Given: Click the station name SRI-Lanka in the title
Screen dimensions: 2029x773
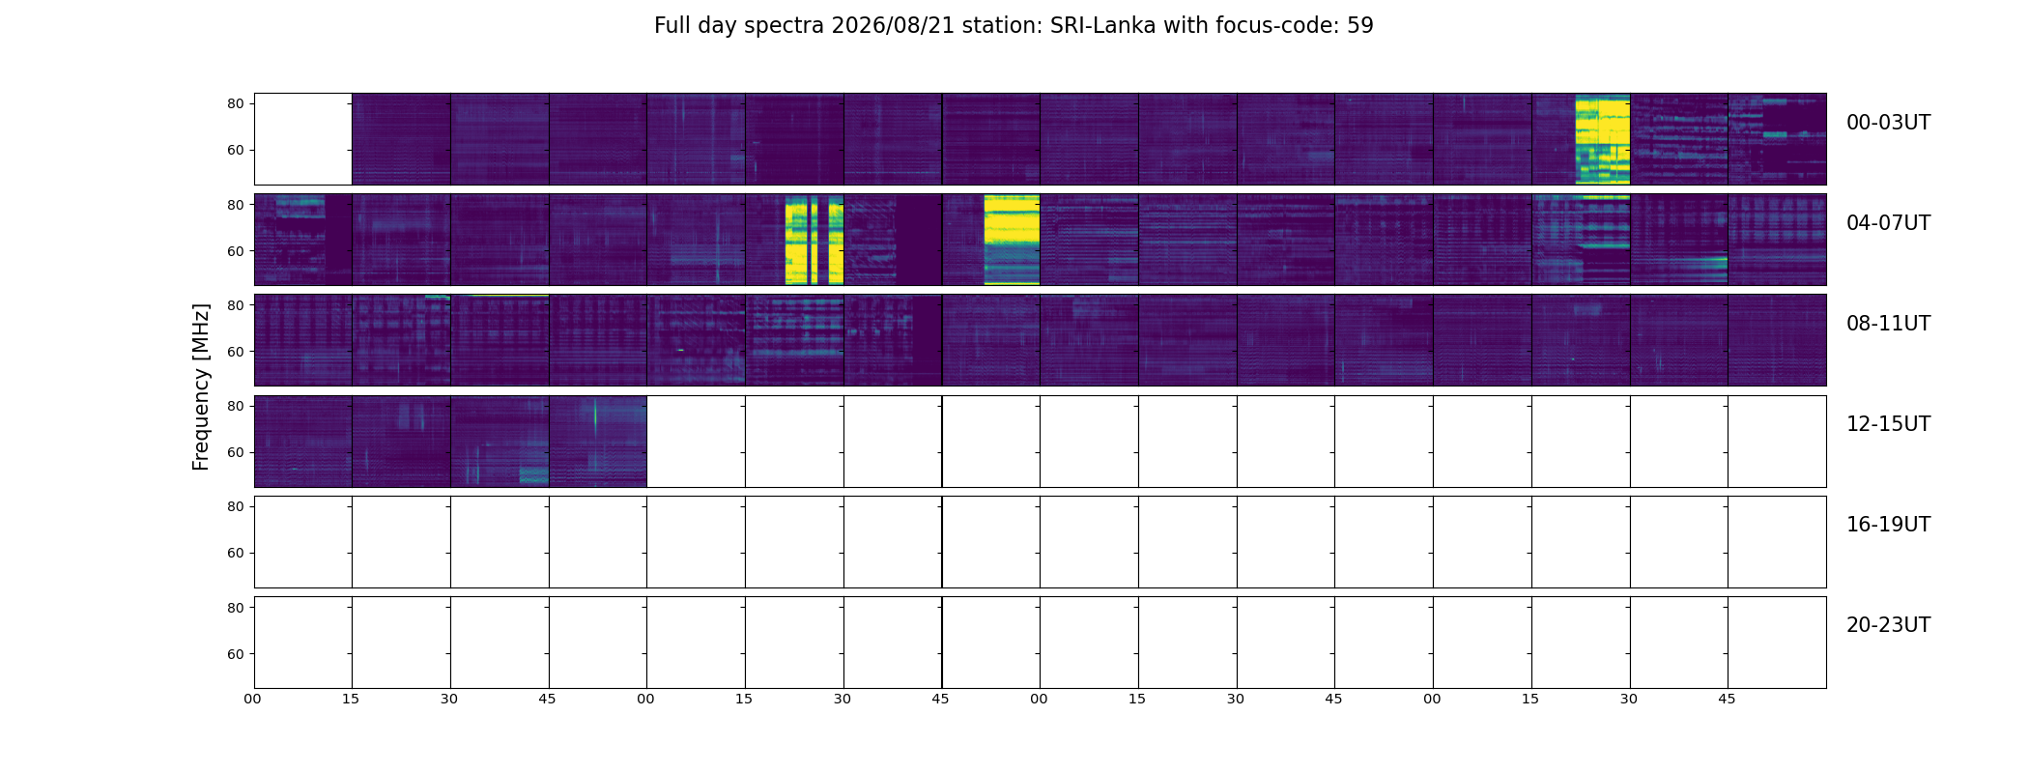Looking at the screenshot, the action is click(x=1102, y=26).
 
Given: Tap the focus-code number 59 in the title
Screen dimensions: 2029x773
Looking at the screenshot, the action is click(x=1360, y=26).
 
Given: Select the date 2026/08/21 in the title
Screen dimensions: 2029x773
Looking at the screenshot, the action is click(x=893, y=26).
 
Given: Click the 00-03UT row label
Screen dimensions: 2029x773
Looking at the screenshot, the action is click(x=1888, y=123).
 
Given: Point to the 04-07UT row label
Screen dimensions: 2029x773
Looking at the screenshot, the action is click(x=1888, y=223).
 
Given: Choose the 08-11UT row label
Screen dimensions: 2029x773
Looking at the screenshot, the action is click(x=1888, y=324).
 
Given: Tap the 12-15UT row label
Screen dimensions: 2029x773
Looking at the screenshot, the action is click(x=1888, y=424).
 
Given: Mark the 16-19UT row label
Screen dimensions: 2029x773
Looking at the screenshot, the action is click(x=1888, y=525).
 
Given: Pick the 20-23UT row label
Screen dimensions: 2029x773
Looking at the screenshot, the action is click(x=1888, y=625).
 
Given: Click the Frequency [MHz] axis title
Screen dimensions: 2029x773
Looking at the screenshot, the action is click(x=201, y=386).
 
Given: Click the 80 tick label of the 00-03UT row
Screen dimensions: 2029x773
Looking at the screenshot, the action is click(x=236, y=103).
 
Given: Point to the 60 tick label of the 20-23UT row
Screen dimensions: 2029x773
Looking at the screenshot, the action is click(x=236, y=654).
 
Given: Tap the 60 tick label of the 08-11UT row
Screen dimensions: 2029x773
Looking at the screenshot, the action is click(x=236, y=352).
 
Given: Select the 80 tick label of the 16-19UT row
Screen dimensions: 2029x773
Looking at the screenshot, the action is click(x=236, y=506).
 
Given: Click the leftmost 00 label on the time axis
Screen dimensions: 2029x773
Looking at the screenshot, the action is click(x=253, y=699).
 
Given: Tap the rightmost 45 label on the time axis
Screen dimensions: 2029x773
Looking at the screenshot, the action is click(x=1727, y=699).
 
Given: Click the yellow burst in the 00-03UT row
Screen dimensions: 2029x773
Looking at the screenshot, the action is click(x=1602, y=139).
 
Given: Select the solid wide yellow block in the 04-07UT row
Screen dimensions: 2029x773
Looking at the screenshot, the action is click(x=1012, y=240).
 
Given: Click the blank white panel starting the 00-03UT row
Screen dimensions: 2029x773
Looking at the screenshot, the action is click(x=303, y=139).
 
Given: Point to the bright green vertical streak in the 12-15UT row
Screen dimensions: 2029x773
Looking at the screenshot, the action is click(x=595, y=417).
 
